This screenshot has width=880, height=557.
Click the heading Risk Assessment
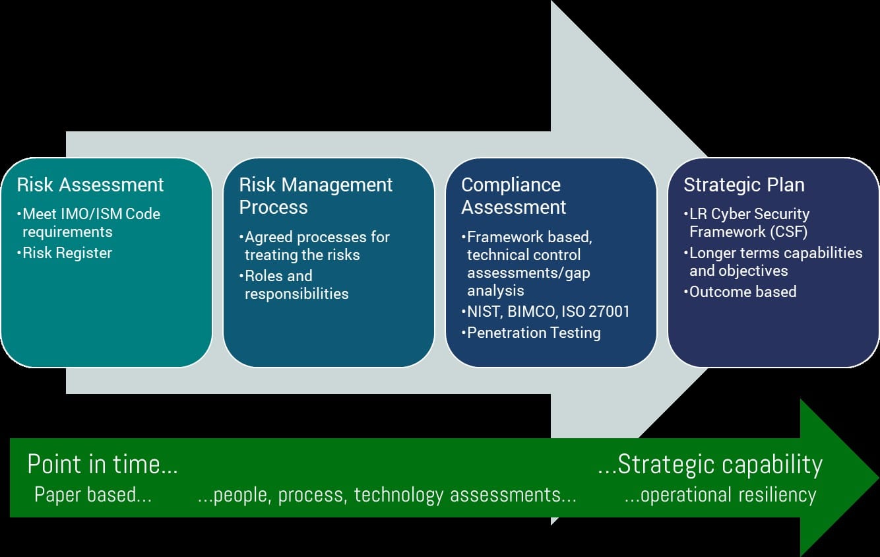(90, 185)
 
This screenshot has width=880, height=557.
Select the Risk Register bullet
(65, 253)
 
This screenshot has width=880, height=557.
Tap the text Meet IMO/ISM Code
(89, 214)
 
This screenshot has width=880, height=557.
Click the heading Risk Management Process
(315, 196)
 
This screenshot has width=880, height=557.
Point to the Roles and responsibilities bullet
(294, 284)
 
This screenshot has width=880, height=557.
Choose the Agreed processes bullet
(314, 246)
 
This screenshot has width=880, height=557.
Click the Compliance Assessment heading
(513, 196)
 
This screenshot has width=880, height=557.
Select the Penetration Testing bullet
(531, 333)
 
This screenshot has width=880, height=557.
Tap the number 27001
(610, 311)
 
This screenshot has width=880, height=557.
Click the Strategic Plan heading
(744, 185)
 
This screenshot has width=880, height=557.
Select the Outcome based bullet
(740, 292)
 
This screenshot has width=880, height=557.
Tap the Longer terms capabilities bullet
(773, 261)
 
